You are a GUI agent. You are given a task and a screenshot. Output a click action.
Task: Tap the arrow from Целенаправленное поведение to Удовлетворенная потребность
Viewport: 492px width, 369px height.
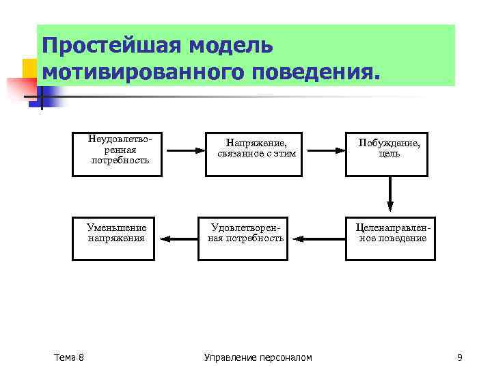(x=323, y=238)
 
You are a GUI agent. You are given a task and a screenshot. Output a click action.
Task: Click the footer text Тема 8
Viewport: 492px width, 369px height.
(x=68, y=357)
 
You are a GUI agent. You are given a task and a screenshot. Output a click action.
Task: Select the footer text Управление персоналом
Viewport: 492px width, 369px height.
(x=258, y=357)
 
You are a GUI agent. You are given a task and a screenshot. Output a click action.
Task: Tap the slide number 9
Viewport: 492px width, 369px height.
(x=460, y=357)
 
